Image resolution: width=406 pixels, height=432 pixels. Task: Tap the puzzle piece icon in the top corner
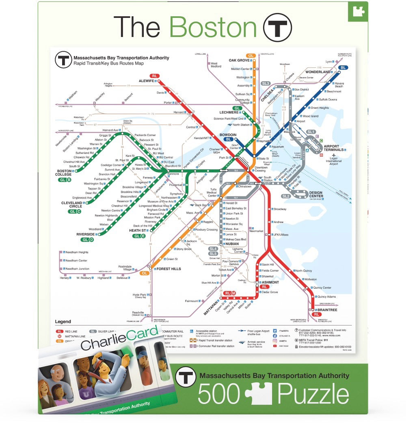(358, 11)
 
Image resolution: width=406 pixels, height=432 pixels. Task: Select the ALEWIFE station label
(147, 81)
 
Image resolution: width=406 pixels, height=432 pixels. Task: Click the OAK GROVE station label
(239, 60)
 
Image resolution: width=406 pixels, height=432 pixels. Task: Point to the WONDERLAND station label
(317, 72)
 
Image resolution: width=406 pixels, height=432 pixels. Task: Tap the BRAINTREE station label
(327, 310)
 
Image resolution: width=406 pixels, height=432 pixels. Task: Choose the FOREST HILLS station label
(168, 269)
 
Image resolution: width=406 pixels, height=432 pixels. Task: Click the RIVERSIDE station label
(85, 234)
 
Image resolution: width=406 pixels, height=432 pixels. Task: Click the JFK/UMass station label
(281, 235)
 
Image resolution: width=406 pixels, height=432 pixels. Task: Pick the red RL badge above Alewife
(154, 76)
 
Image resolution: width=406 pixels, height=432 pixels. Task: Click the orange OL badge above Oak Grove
(251, 56)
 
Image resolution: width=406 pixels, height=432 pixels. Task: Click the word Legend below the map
(63, 322)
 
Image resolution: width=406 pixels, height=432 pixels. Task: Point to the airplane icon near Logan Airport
(334, 155)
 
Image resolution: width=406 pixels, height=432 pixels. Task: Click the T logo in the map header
(63, 60)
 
